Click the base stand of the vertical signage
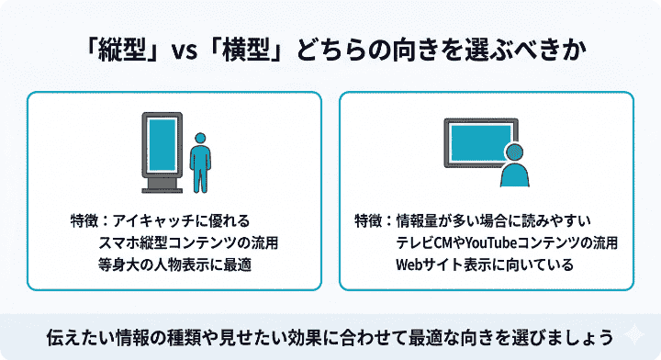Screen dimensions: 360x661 (x=162, y=190)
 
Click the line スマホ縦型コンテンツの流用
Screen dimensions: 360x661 (x=187, y=243)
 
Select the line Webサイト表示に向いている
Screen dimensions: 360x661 (x=484, y=265)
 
